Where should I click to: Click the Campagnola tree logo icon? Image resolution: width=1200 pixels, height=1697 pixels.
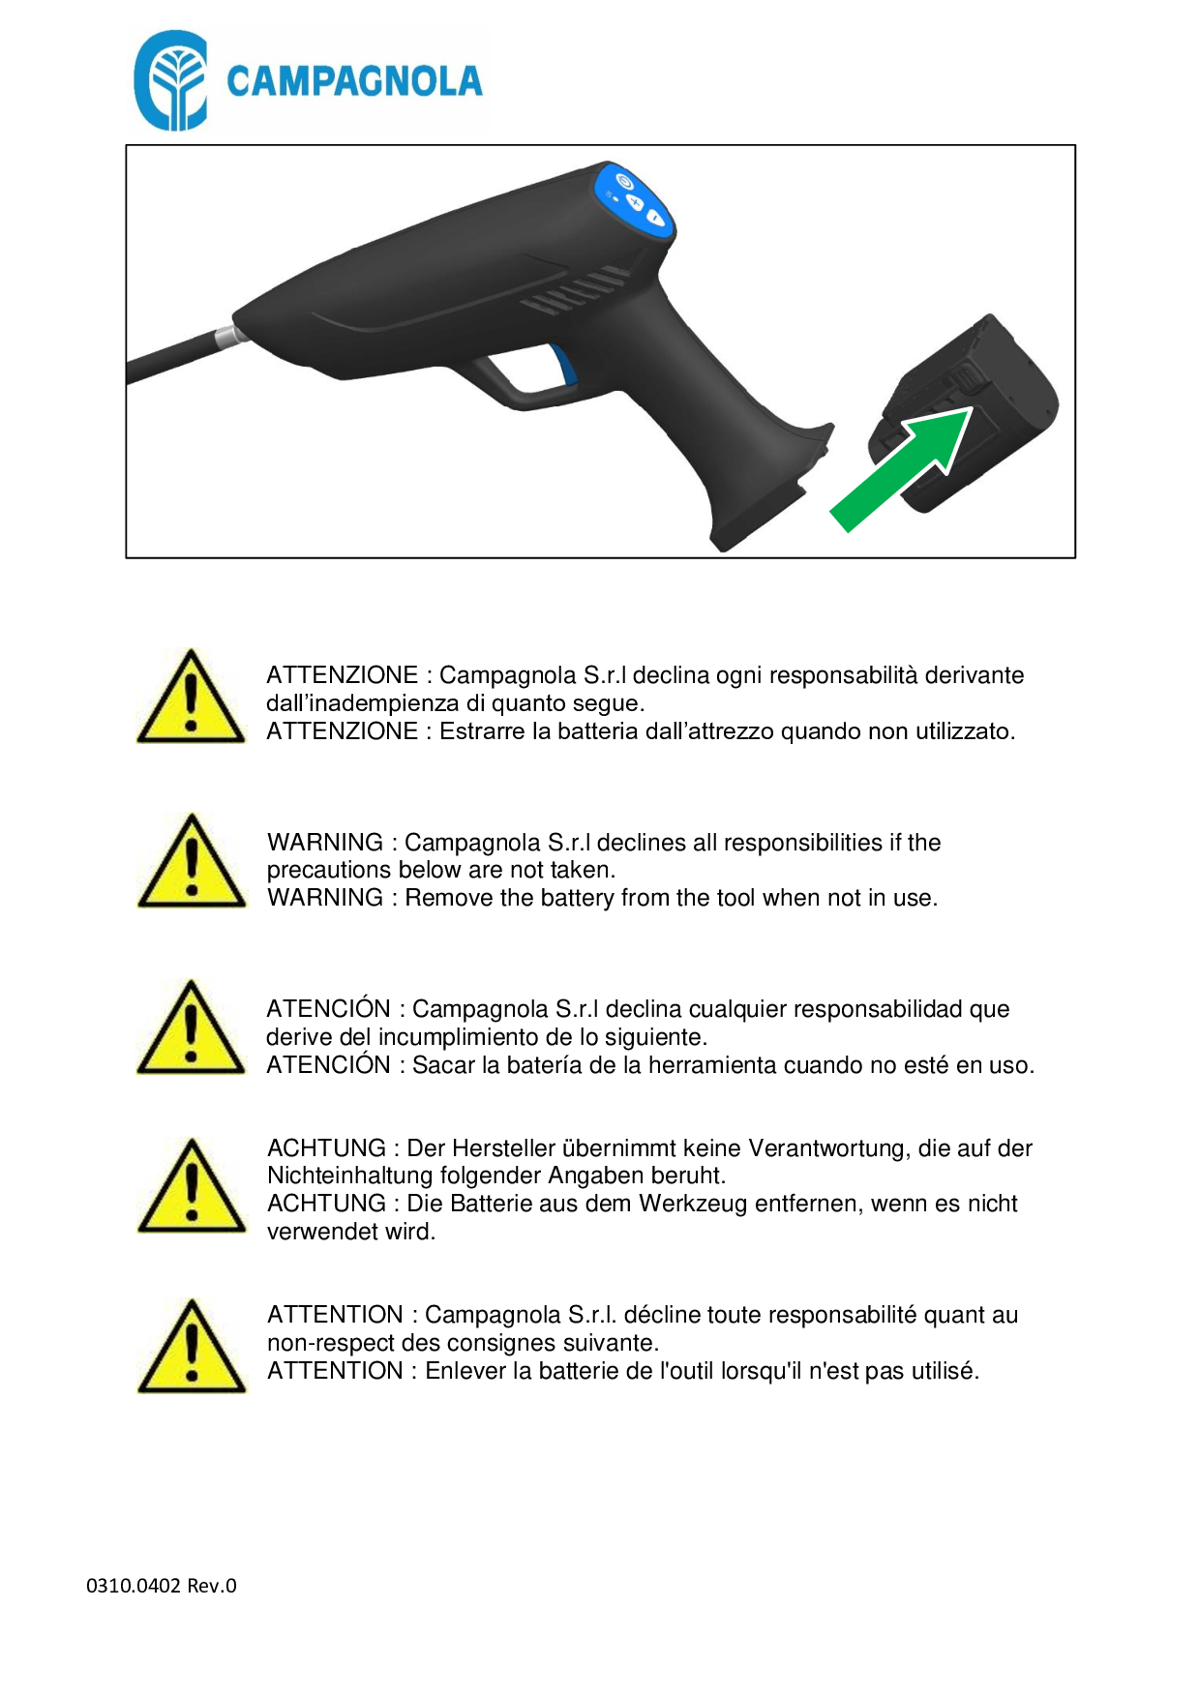(170, 80)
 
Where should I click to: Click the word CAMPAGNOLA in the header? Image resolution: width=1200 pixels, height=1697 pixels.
(354, 81)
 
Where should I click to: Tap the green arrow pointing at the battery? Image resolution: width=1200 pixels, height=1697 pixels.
(901, 468)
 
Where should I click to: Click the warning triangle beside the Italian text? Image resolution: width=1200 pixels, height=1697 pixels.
(192, 697)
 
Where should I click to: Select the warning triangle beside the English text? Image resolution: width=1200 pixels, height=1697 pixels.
(192, 861)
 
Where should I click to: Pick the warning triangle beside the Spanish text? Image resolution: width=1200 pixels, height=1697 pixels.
(192, 1027)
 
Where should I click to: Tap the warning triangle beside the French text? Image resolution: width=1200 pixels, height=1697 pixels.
(192, 1347)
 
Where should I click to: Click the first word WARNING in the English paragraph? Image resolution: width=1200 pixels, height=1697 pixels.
(325, 843)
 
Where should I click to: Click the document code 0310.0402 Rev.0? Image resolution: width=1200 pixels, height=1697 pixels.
(162, 1586)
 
